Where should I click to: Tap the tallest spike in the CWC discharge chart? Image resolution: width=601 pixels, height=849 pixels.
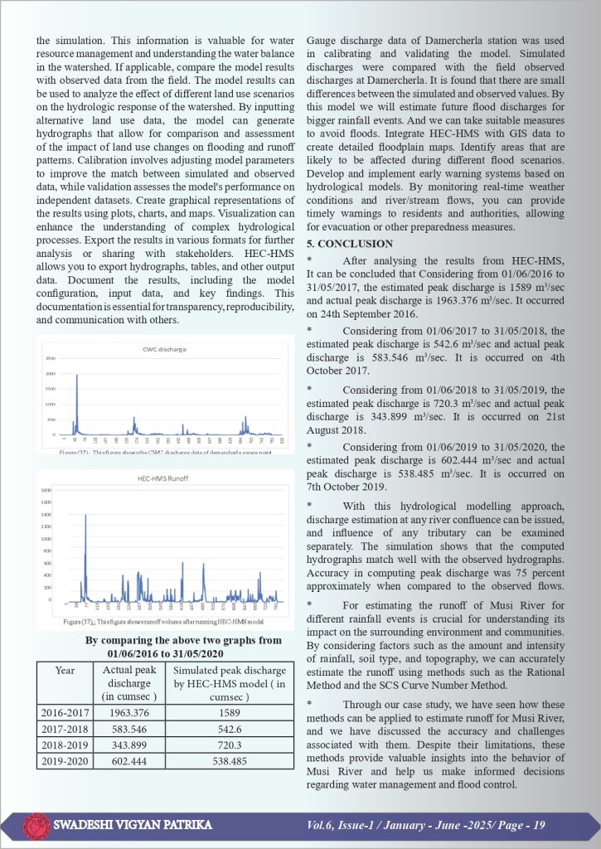[77, 377]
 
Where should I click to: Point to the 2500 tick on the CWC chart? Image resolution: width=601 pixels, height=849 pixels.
[51, 358]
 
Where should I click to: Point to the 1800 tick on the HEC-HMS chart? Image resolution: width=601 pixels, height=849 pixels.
[47, 490]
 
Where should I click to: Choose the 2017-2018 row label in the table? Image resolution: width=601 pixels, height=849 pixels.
[63, 727]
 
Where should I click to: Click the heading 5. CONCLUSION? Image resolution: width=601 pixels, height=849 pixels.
[349, 244]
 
